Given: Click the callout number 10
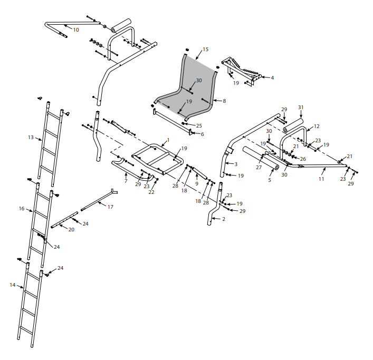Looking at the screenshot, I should tap(76, 30).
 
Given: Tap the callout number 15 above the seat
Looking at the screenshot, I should tap(205, 49).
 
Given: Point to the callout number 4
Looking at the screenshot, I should tap(272, 77).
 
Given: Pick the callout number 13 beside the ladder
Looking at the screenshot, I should tap(31, 138).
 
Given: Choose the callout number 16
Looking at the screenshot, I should tap(22, 209).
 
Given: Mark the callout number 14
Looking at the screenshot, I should tap(13, 285).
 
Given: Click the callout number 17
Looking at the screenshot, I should tap(110, 207).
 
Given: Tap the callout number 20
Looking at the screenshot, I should tap(71, 230).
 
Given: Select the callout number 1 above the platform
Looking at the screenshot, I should tap(168, 140).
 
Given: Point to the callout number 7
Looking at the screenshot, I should tap(126, 181).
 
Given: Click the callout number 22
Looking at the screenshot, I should tap(151, 192).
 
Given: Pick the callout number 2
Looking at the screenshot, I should tap(224, 218).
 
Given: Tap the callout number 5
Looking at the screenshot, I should tap(269, 180).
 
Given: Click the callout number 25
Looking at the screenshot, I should tap(199, 125).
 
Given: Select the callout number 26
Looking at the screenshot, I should tap(303, 159).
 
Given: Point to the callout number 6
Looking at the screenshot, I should tap(202, 134).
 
